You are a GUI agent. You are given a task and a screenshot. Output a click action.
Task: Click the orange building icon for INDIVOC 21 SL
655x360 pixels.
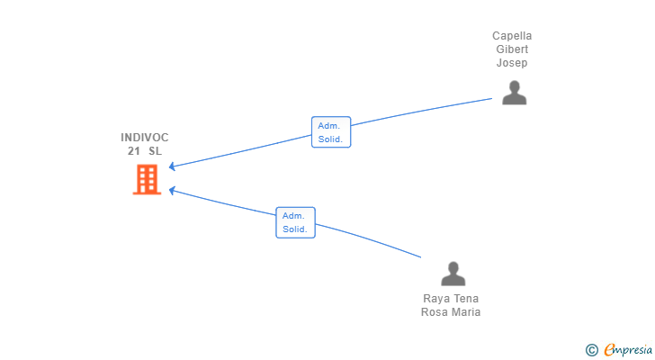click(x=147, y=180)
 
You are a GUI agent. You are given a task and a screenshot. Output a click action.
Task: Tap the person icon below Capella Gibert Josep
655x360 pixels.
click(x=515, y=93)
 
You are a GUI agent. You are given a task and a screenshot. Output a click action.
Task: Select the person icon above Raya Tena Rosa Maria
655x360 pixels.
click(x=453, y=274)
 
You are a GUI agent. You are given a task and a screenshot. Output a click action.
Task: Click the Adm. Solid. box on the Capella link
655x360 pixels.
click(x=331, y=132)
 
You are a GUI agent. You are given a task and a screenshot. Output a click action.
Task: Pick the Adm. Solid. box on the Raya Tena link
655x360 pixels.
click(x=295, y=222)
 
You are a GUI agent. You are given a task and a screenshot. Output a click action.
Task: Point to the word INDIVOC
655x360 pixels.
click(x=145, y=138)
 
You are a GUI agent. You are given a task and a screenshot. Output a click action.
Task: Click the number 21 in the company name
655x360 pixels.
click(x=134, y=151)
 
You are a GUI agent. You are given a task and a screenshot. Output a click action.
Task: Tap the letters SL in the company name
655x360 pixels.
click(x=155, y=151)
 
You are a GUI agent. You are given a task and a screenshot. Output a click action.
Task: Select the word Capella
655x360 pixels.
click(x=512, y=36)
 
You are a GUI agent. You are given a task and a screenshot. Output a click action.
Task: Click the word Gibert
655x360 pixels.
click(x=512, y=49)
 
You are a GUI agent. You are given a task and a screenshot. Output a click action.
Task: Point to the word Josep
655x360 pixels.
click(x=512, y=63)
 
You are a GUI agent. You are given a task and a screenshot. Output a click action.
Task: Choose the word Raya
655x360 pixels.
click(x=435, y=299)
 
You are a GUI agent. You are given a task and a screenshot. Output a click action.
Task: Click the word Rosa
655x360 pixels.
click(x=433, y=312)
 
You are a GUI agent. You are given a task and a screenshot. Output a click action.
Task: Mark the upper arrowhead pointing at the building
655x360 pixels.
click(x=172, y=166)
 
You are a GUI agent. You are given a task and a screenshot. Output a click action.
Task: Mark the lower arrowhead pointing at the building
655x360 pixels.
click(x=172, y=191)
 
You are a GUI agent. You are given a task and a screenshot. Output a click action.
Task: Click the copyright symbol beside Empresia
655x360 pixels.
click(x=591, y=350)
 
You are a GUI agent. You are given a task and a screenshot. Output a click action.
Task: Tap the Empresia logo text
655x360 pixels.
click(x=628, y=349)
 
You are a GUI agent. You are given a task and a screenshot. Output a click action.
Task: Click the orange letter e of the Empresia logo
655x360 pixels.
click(x=609, y=349)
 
